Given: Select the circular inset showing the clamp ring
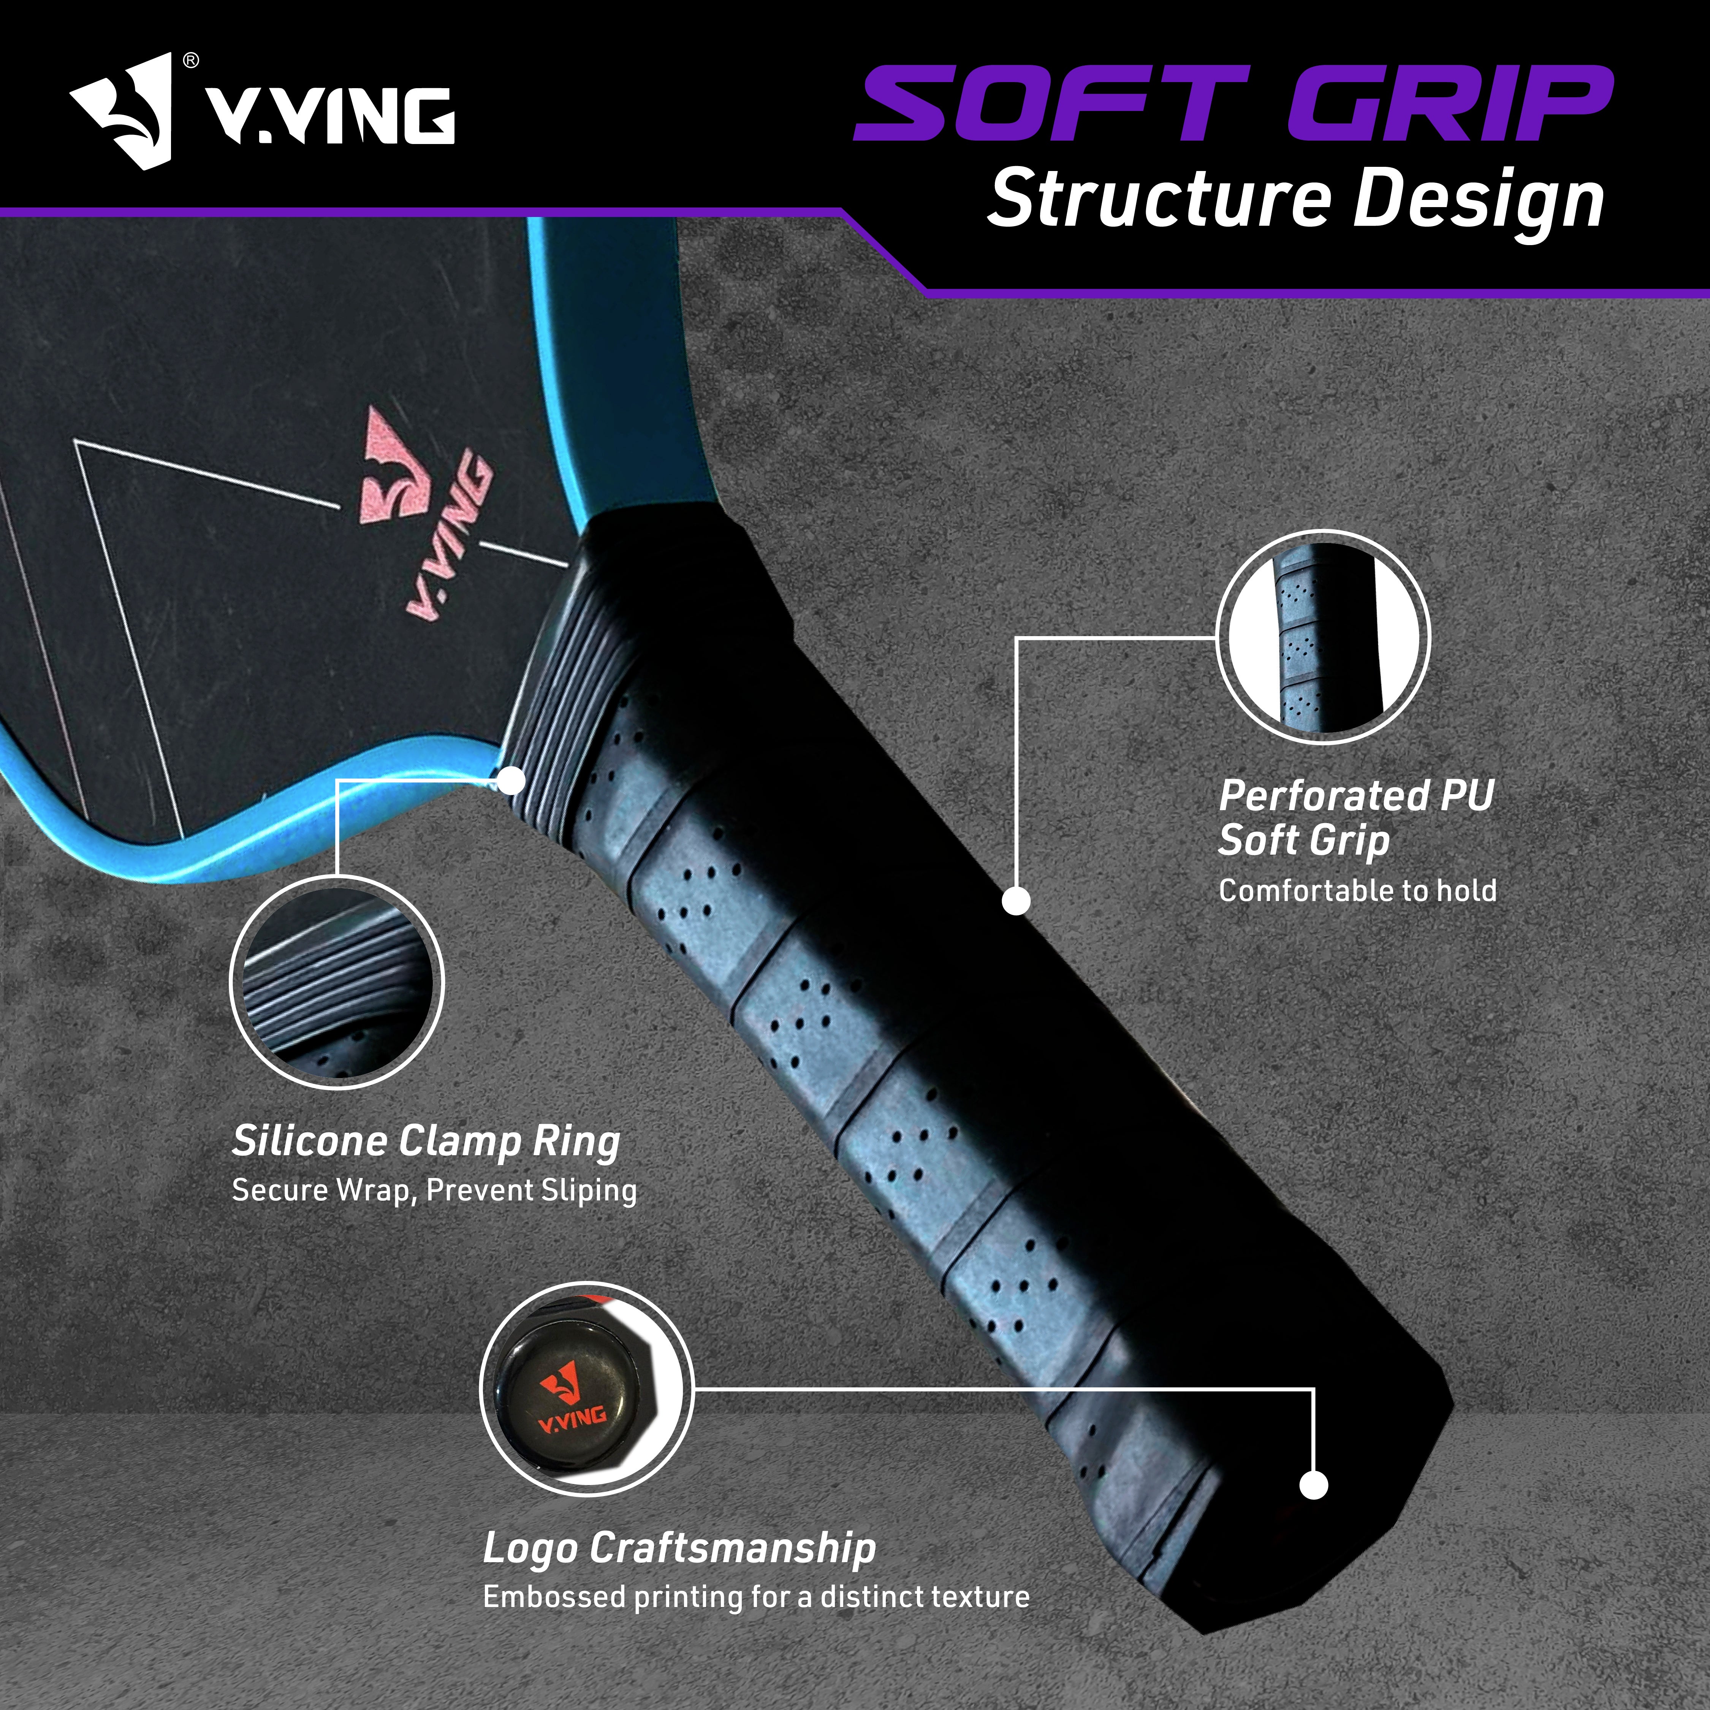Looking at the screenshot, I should [x=336, y=982].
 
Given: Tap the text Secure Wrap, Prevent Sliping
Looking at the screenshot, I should [x=434, y=1191].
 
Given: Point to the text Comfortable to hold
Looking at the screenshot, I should [x=1357, y=890].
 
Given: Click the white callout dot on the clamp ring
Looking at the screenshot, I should [x=511, y=781].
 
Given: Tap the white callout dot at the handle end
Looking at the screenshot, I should [x=1314, y=1485].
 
